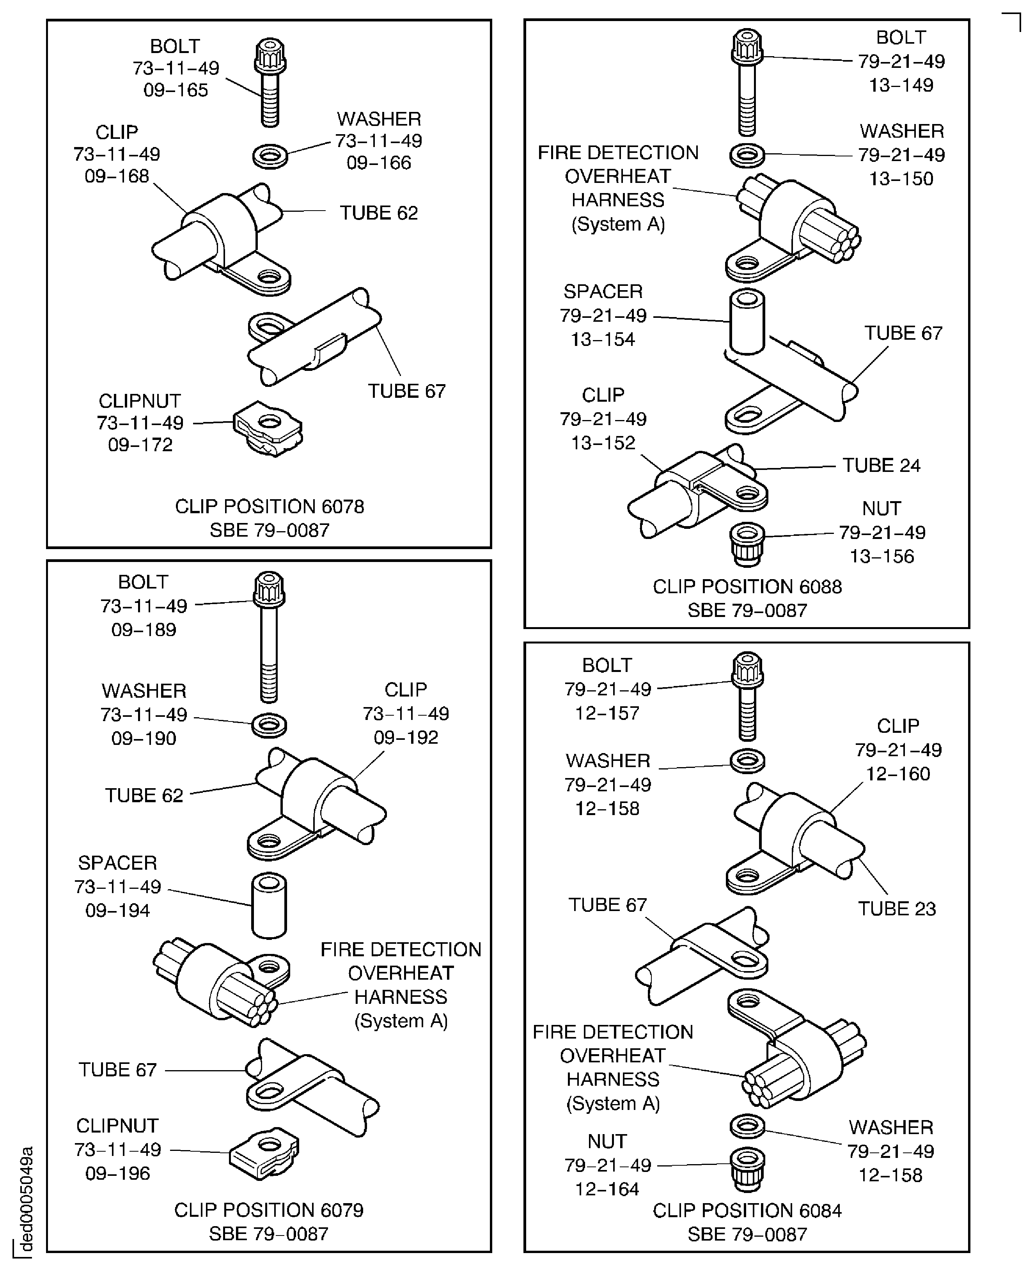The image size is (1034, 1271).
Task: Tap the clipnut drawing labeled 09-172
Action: [268, 428]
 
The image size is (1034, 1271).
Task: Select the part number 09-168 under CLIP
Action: [117, 176]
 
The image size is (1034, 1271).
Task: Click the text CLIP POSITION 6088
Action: [747, 587]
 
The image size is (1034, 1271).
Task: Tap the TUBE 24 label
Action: [881, 465]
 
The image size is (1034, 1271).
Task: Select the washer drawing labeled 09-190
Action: [269, 725]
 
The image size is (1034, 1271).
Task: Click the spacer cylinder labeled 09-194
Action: [269, 905]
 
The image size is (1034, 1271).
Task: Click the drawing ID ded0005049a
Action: [26, 1198]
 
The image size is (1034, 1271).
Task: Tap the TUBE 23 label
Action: [896, 908]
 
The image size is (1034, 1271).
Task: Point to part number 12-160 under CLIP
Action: [897, 774]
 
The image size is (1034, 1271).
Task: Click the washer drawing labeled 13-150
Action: [747, 155]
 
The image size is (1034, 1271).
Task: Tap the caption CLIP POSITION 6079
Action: [269, 1210]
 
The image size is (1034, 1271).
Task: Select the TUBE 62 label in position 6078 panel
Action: [379, 213]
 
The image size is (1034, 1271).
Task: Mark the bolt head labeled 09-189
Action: [269, 589]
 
